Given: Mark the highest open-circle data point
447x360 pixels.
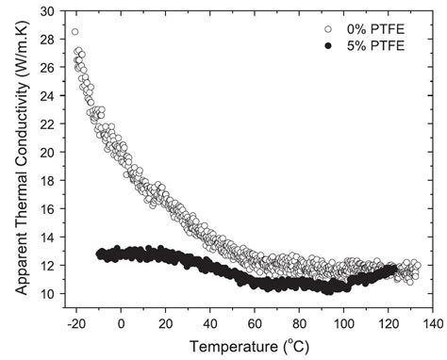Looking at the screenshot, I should tap(75, 32).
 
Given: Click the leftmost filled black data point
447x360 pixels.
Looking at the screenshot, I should tap(100, 254).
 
